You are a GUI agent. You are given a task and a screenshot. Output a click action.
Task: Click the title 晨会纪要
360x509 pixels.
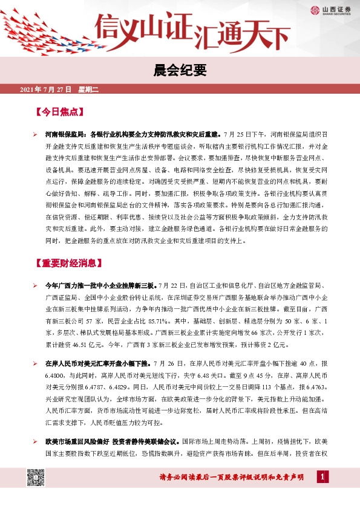[180, 71]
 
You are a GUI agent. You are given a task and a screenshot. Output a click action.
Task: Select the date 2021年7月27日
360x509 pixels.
[45, 90]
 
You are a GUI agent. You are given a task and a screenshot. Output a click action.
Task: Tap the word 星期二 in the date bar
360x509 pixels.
[88, 90]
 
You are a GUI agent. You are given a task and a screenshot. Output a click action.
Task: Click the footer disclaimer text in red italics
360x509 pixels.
[231, 478]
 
